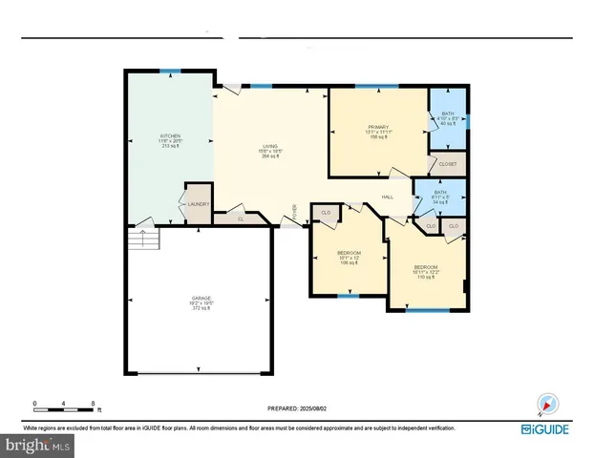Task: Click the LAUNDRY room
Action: tap(198, 203)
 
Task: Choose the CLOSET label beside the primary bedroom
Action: tap(448, 164)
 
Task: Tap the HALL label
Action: tap(388, 197)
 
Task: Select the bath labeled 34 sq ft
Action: tap(439, 198)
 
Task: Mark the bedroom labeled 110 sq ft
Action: tap(426, 270)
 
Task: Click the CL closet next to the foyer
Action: tap(241, 219)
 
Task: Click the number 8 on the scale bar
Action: tap(93, 405)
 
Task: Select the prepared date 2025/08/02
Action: tap(296, 408)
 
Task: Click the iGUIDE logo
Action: tap(545, 428)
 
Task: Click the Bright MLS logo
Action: tap(38, 445)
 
